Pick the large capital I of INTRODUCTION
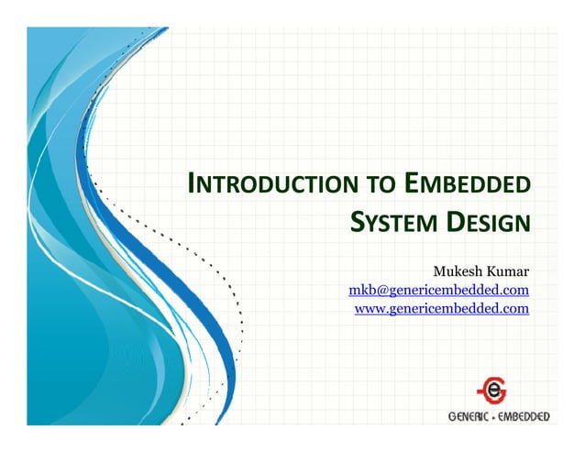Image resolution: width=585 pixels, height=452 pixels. tap(190, 185)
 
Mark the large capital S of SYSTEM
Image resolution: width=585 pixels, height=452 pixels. tap(359, 222)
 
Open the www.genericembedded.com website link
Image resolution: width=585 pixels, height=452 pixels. tap(442, 309)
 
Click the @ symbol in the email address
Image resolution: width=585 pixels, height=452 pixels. tap(375, 291)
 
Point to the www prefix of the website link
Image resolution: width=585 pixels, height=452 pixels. tap(369, 309)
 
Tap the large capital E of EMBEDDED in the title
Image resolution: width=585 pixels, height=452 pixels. tap(412, 185)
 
